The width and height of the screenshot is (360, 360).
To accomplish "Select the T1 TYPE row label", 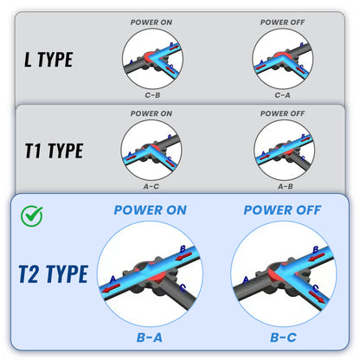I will (53, 151).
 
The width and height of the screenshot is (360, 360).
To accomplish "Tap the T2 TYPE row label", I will (53, 274).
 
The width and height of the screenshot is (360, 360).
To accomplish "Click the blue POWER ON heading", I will (151, 210).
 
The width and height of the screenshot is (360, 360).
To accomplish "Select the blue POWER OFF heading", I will (285, 210).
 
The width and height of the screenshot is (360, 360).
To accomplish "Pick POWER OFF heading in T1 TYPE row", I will (282, 113).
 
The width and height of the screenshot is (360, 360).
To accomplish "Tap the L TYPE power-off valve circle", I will (282, 59).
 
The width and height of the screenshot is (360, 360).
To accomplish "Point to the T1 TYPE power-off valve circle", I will (282, 149).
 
